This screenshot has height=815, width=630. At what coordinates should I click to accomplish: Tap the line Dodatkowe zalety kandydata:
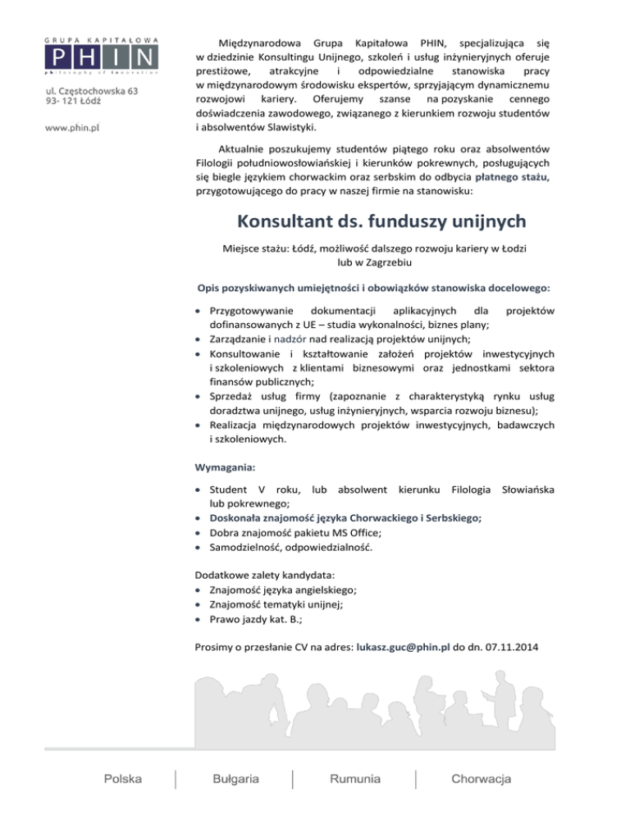click(267, 575)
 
